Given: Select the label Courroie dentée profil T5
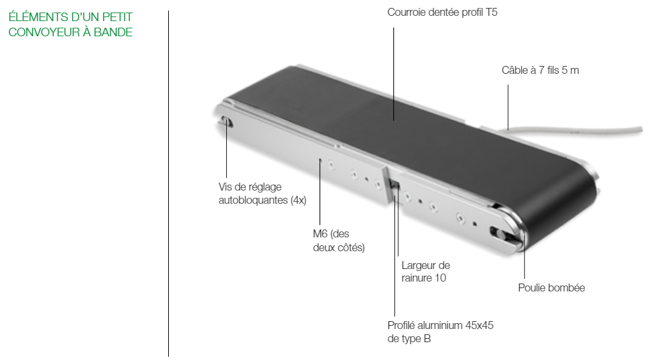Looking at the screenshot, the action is (442, 13).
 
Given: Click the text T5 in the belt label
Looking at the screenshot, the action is (491, 13).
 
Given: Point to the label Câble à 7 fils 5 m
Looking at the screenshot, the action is (540, 70).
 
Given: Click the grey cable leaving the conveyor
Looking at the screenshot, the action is (577, 131).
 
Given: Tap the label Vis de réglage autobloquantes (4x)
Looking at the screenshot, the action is (263, 193).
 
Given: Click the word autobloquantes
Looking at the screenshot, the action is (253, 200).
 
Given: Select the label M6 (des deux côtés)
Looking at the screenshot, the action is (339, 241).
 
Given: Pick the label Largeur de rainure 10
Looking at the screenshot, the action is (425, 272).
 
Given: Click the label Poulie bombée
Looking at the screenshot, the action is (551, 287).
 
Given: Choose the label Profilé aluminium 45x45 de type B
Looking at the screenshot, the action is (441, 332).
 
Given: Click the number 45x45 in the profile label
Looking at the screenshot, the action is (479, 325).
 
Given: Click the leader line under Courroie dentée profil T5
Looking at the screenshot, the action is (394, 74).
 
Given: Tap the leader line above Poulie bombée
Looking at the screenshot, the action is (524, 256).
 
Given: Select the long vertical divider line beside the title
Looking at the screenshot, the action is (169, 183).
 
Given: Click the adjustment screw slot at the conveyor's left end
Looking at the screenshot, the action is (226, 123).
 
